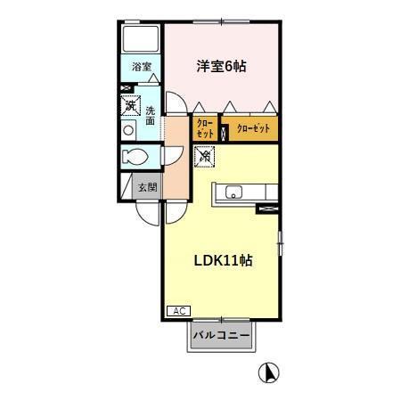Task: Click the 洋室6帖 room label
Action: coord(222,65)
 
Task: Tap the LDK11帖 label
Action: coord(222,261)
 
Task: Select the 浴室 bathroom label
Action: coord(142,67)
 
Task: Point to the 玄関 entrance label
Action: coord(147,187)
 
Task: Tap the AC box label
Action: coord(177,311)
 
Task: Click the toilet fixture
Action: coord(136,158)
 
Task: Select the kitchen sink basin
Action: coord(234,192)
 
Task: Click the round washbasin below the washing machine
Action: coord(129,129)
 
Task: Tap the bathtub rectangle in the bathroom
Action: coord(140,38)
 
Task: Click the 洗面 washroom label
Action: coord(151,116)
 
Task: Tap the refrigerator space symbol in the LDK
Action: coord(205,158)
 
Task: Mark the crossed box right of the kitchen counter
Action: coord(266,209)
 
